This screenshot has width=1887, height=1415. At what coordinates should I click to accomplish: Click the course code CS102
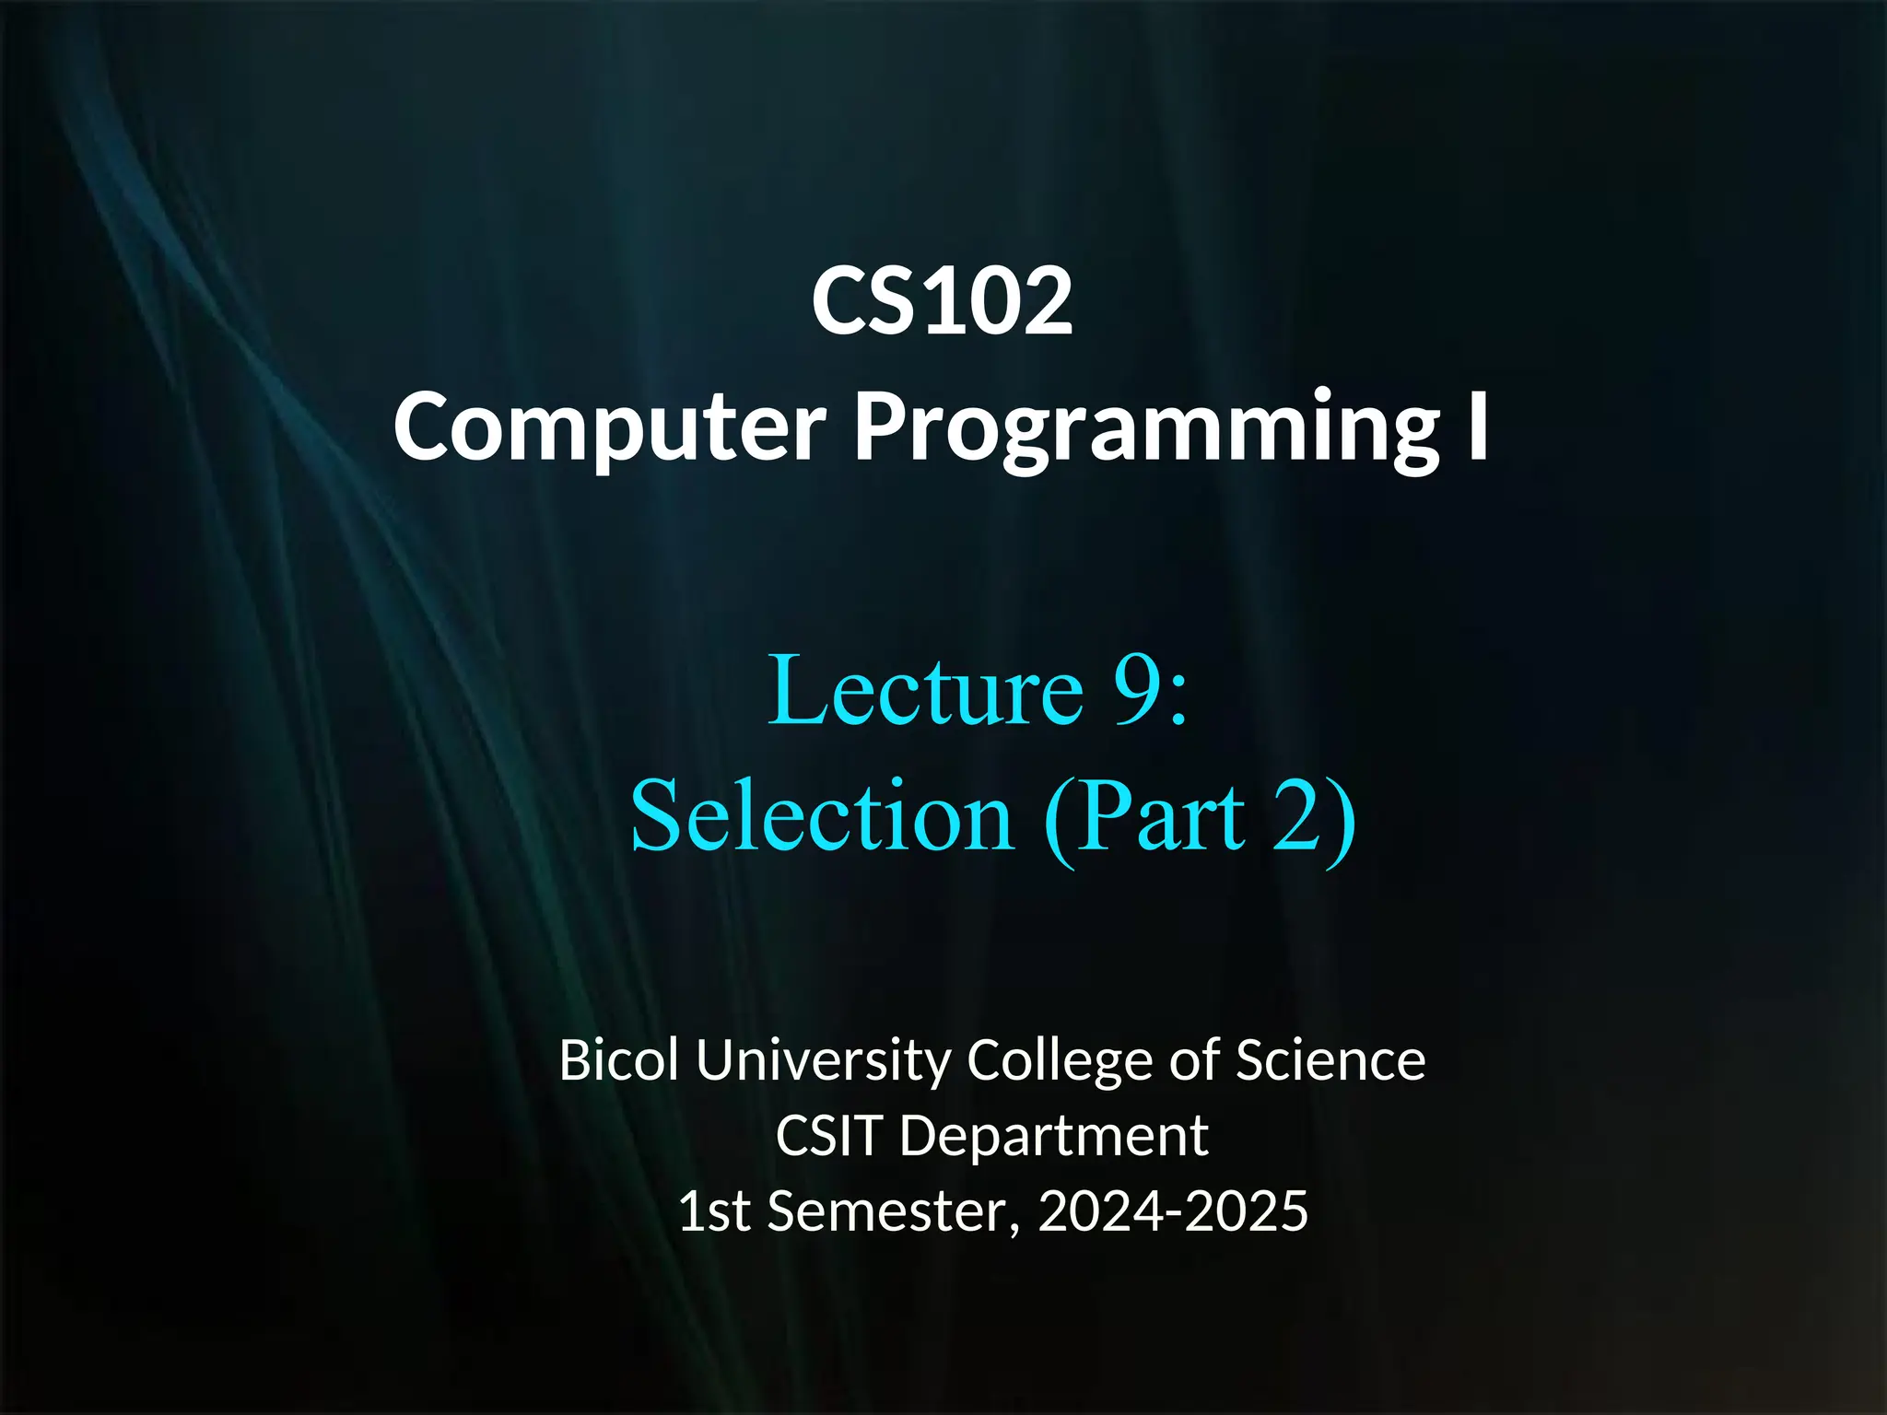[942, 301]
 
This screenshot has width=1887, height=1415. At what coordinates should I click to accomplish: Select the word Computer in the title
[609, 426]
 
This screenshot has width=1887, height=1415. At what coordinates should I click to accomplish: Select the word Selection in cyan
[822, 816]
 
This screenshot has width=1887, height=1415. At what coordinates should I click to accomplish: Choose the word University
[823, 1062]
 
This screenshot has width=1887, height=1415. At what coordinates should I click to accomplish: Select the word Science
[1330, 1060]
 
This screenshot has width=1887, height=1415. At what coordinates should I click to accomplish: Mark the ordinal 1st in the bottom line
[714, 1210]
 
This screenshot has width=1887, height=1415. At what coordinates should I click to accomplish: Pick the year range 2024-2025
[1173, 1210]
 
